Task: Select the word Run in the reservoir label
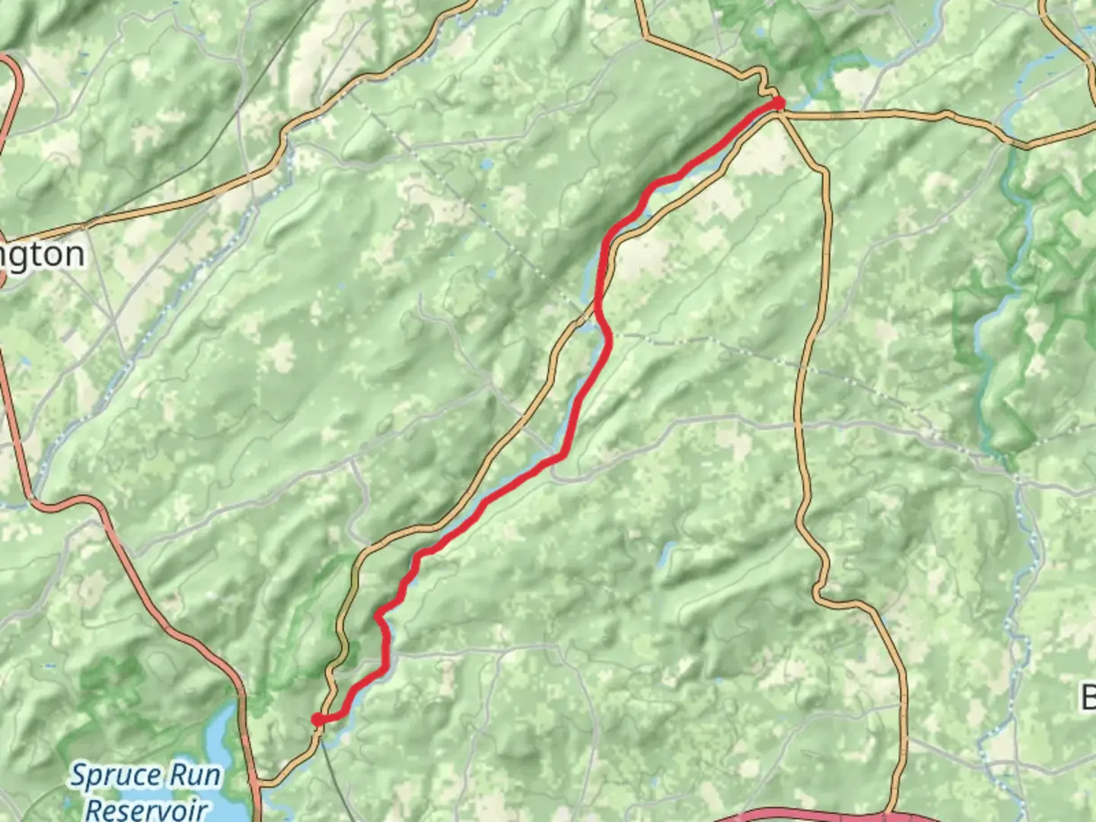pyautogui.click(x=195, y=776)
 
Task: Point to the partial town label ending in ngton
pyautogui.click(x=42, y=255)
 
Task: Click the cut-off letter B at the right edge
pyautogui.click(x=1088, y=696)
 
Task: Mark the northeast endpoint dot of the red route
pyautogui.click(x=778, y=102)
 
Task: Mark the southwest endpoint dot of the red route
pyautogui.click(x=317, y=719)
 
